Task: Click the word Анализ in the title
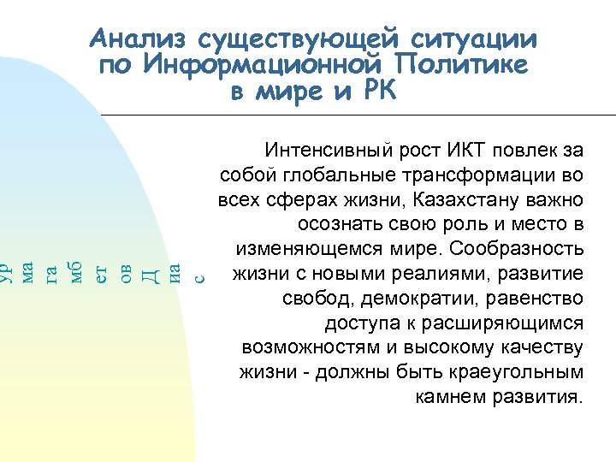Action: pyautogui.click(x=139, y=39)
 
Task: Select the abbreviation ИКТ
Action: pyautogui.click(x=465, y=151)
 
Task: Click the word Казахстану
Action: pyautogui.click(x=466, y=200)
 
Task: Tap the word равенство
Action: pyautogui.click(x=537, y=299)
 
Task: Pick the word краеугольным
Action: pyautogui.click(x=518, y=374)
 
